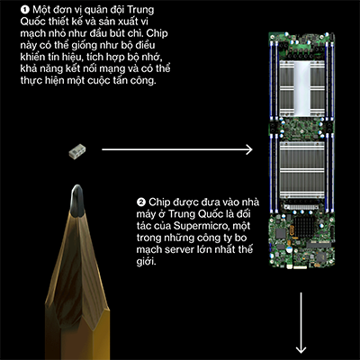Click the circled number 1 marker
(x=24, y=10)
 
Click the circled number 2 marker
(x=140, y=202)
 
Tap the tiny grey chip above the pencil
(x=77, y=151)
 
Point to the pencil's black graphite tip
(x=77, y=201)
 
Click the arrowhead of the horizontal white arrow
(x=249, y=149)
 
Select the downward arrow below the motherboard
(x=301, y=323)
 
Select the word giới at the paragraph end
(x=146, y=262)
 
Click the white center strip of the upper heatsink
(x=301, y=88)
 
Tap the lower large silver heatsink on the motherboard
(x=301, y=170)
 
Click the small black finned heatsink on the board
(x=304, y=227)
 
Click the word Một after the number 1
(x=41, y=10)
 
